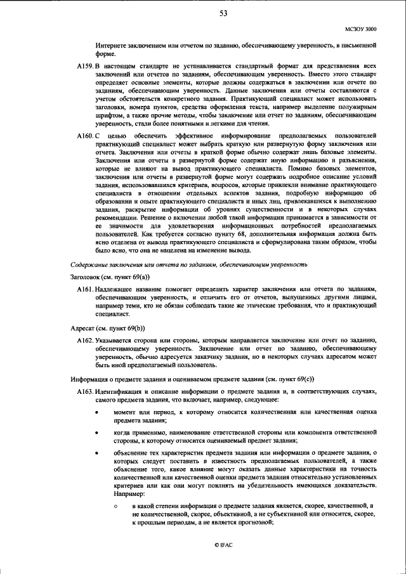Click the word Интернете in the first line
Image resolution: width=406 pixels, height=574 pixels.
[x=112, y=46]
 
